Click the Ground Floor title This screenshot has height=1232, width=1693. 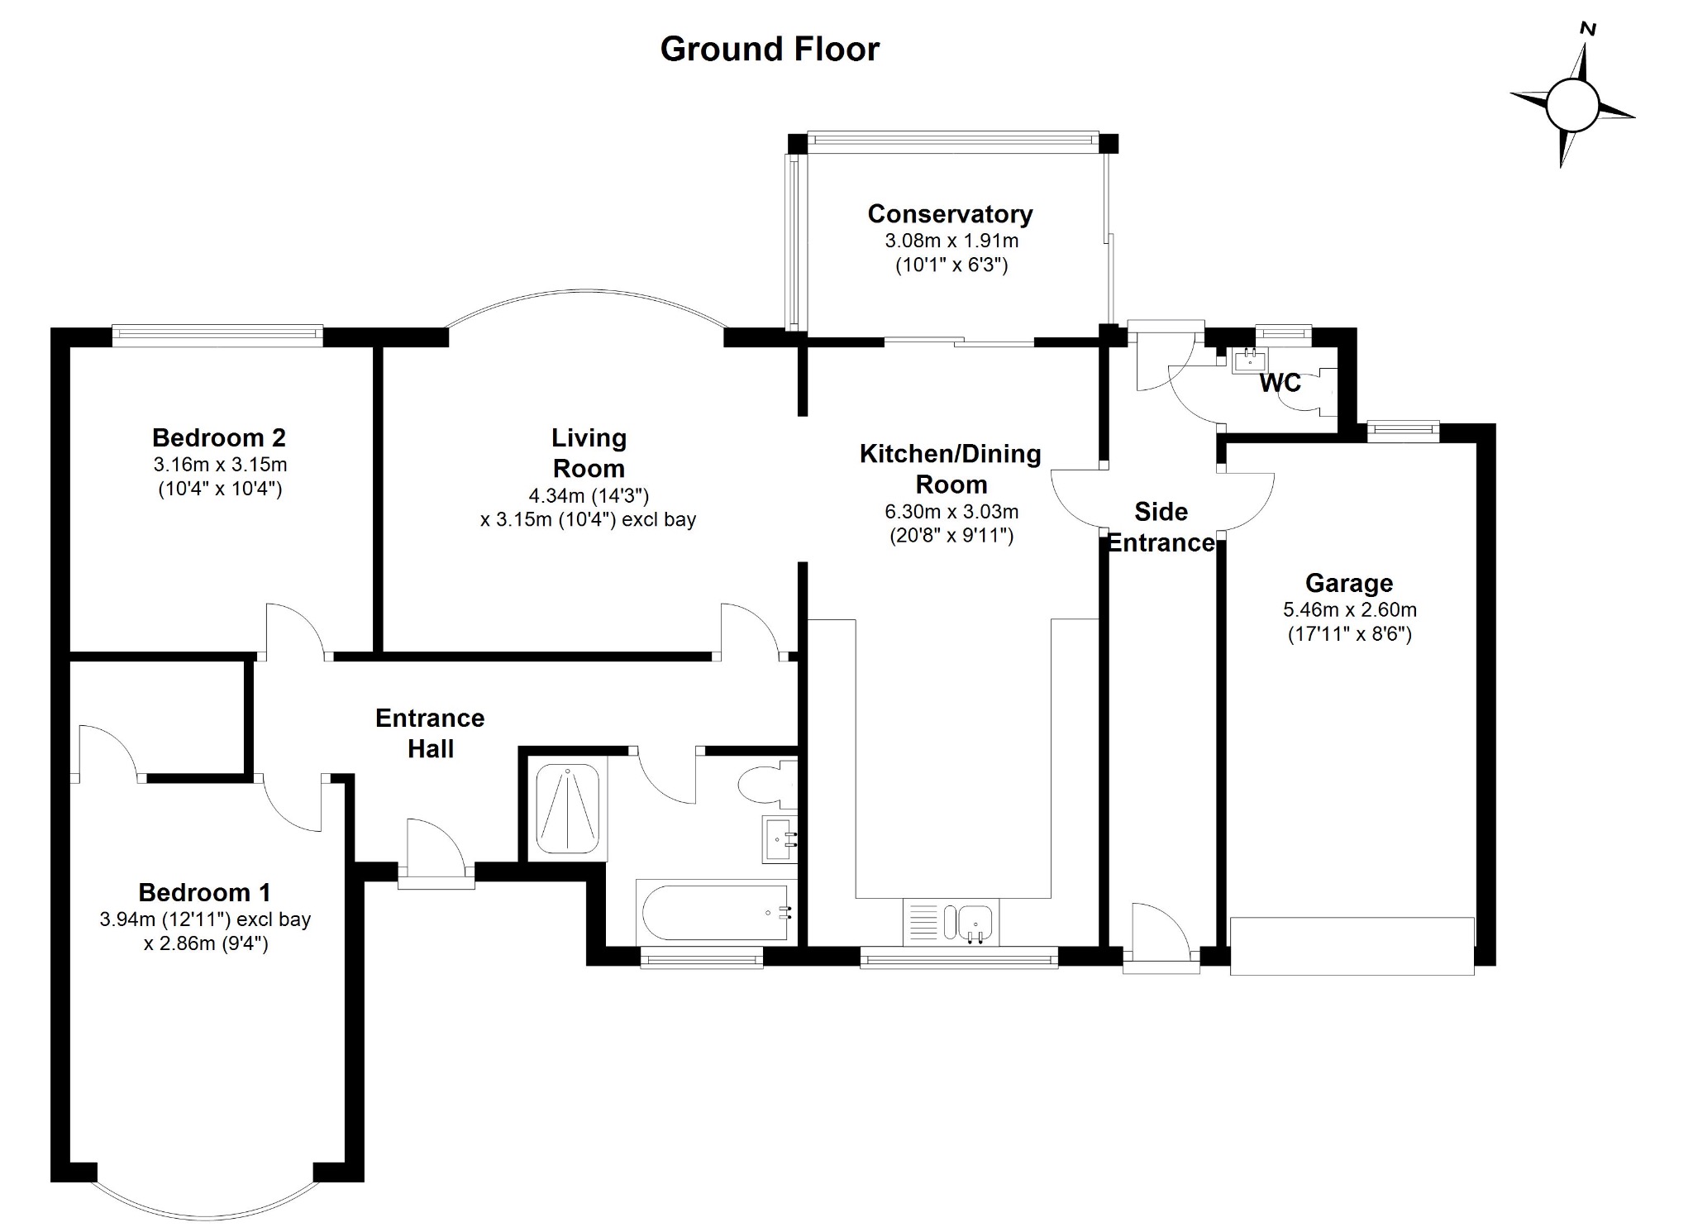click(770, 50)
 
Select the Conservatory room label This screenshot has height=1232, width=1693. click(950, 214)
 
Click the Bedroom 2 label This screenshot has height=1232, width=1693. click(219, 437)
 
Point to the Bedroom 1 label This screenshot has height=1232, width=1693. click(204, 893)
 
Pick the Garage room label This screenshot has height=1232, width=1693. click(1349, 584)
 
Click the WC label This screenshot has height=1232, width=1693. click(1280, 383)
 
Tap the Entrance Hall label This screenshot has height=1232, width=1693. click(430, 733)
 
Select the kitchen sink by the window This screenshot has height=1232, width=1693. click(975, 921)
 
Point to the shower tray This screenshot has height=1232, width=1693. click(568, 809)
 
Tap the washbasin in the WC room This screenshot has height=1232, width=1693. click(1249, 359)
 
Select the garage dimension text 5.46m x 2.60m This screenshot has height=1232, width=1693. click(1349, 610)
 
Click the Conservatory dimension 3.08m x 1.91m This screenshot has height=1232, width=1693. click(951, 241)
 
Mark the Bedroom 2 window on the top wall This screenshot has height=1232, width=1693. click(217, 333)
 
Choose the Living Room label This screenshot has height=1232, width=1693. click(589, 453)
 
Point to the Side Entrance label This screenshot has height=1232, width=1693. click(1161, 527)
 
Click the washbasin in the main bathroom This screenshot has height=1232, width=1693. click(778, 839)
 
